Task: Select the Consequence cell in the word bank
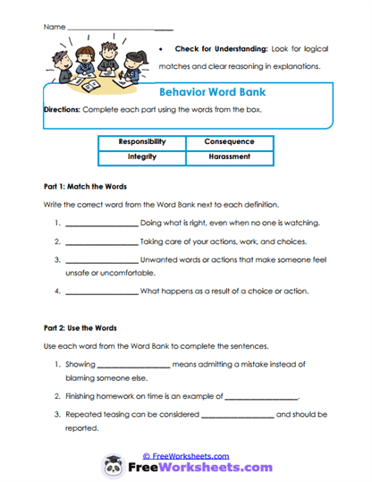229,141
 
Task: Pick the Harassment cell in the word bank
229,156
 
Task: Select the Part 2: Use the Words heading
80,328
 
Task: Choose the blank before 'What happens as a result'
102,292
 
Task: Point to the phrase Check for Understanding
215,49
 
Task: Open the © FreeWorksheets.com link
185,454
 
